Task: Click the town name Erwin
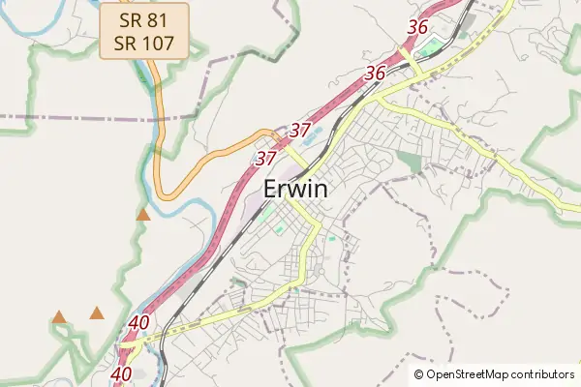(295, 190)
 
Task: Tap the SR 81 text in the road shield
(143, 18)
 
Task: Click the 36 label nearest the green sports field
(418, 27)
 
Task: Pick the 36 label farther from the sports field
(376, 73)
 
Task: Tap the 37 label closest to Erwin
(266, 157)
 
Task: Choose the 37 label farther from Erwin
(300, 130)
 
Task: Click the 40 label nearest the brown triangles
(138, 323)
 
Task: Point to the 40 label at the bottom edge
(121, 373)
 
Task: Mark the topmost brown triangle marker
(143, 215)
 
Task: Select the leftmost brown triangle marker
(59, 316)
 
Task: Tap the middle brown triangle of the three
(97, 313)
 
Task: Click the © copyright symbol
(418, 374)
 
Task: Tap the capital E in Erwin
(272, 190)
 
